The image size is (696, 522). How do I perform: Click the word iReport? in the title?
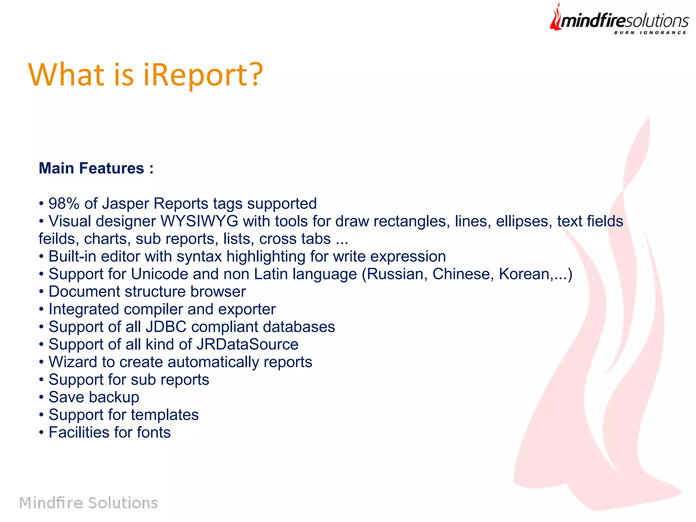pyautogui.click(x=203, y=75)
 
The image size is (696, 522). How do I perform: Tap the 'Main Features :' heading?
pyautogui.click(x=96, y=168)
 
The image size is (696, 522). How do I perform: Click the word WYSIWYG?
pyautogui.click(x=199, y=221)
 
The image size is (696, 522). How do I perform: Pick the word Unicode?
pyautogui.click(x=159, y=274)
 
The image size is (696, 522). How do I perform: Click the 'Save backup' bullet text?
pyautogui.click(x=94, y=397)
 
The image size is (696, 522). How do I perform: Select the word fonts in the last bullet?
pyautogui.click(x=154, y=433)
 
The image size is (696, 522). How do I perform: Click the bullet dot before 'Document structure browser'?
pyautogui.click(x=41, y=292)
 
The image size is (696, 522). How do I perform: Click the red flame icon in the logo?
pyautogui.click(x=556, y=19)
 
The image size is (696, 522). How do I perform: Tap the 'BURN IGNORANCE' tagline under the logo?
pyautogui.click(x=650, y=33)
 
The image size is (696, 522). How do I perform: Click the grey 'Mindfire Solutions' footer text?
pyautogui.click(x=88, y=503)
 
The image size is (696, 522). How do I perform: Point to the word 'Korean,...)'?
pyautogui.click(x=536, y=274)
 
